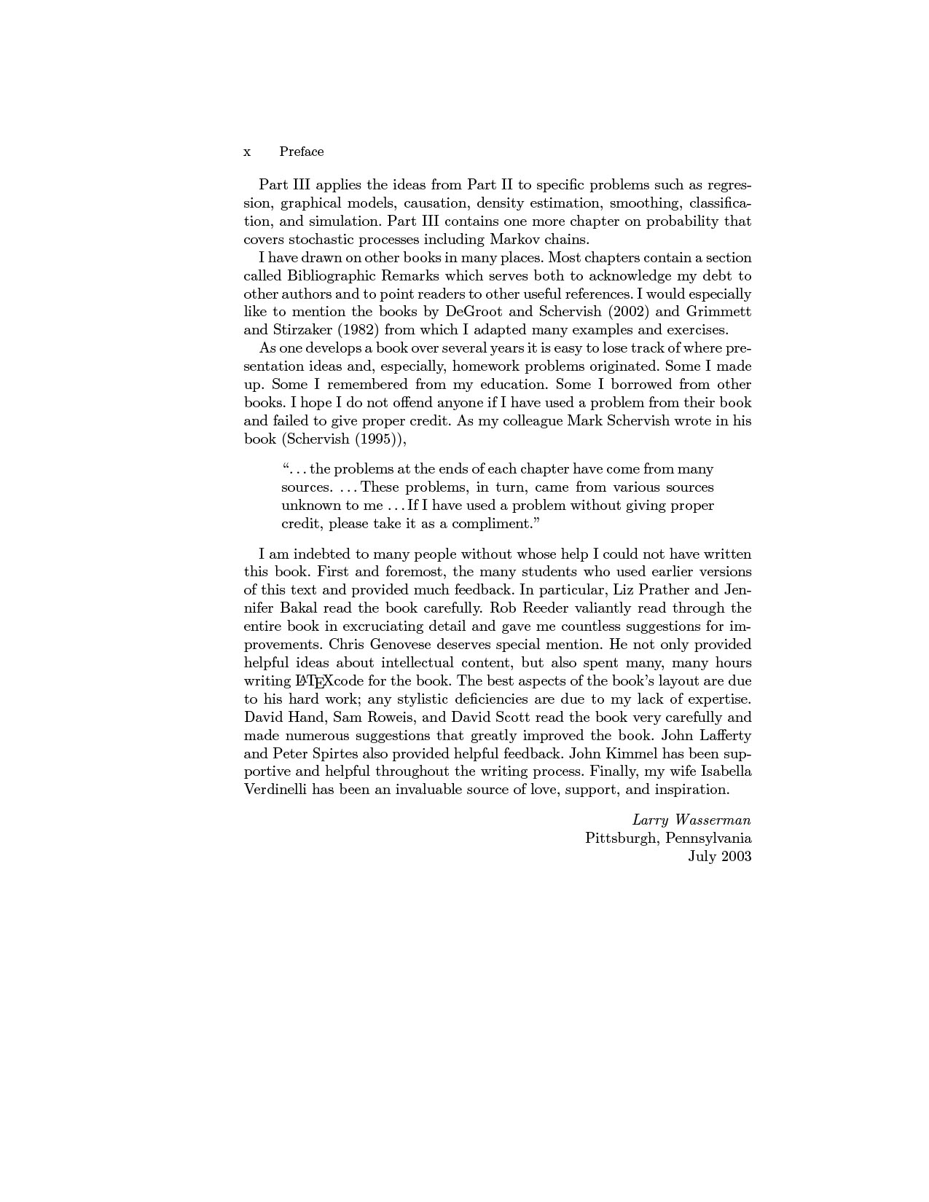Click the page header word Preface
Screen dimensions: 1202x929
pos(301,152)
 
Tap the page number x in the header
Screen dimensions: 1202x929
pos(247,152)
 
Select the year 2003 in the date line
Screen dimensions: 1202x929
pos(736,856)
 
